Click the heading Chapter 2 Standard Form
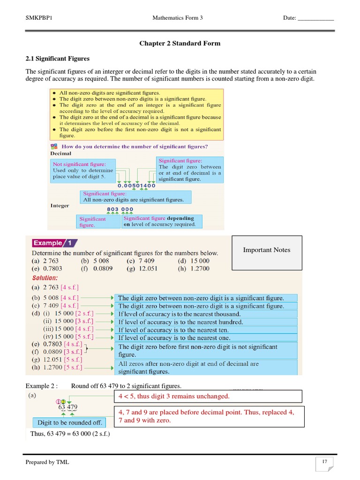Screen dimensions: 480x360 tap(180, 43)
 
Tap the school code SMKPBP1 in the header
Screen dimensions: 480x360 tap(39, 18)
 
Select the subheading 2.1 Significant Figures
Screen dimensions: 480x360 tap(57, 59)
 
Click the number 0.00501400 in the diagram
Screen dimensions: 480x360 tap(136, 186)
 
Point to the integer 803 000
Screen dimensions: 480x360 tap(120, 209)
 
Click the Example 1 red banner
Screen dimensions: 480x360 tap(54, 243)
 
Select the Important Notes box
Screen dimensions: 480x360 tap(267, 253)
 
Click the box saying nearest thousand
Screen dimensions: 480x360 tap(207, 314)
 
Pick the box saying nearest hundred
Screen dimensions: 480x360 tap(207, 322)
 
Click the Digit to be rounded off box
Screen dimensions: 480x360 tap(69, 422)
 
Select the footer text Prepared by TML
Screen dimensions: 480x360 tap(47, 462)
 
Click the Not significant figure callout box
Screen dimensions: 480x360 tap(83, 171)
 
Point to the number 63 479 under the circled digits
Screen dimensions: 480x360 tap(68, 407)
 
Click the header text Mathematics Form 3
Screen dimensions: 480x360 tap(177, 18)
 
